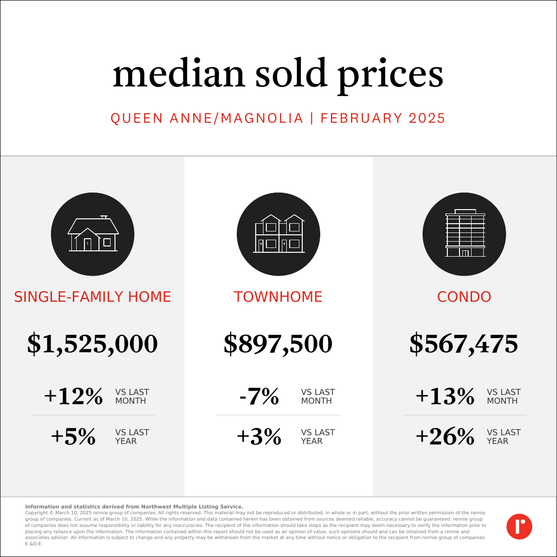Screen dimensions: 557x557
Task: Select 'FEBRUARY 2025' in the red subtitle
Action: pos(383,118)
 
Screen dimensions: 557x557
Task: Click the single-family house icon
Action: pos(93,234)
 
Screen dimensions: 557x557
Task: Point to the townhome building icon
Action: pos(278,234)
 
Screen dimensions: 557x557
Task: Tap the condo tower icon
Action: pos(464,234)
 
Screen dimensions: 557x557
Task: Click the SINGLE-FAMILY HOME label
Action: pos(93,297)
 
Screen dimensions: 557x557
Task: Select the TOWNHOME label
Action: pos(278,297)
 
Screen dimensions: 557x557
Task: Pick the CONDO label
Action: pos(464,297)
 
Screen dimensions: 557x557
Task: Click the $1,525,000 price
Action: pos(93,344)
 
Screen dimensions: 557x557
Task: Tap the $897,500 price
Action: pos(278,344)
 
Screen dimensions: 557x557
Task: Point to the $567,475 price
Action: pos(464,344)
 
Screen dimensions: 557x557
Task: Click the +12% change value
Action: pos(74,396)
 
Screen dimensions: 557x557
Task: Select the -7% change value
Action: pos(259,396)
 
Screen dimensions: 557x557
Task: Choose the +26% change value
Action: pos(445,437)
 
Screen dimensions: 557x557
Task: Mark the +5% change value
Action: pos(74,437)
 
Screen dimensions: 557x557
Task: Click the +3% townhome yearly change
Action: pos(259,437)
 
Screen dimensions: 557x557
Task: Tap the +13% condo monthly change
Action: pos(445,396)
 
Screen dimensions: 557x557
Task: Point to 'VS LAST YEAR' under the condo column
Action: pos(504,437)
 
